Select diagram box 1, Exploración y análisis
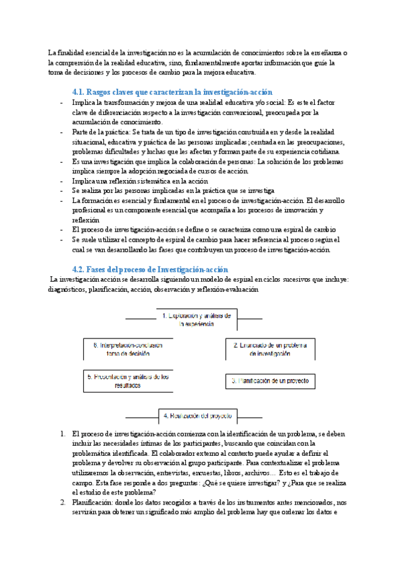click(x=196, y=319)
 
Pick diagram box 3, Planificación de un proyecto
click(x=269, y=381)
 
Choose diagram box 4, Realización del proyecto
click(x=196, y=416)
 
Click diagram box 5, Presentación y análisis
click(x=127, y=381)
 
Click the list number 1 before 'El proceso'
click(x=63, y=434)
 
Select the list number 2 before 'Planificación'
click(x=63, y=502)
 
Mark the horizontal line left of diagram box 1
click(x=140, y=318)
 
